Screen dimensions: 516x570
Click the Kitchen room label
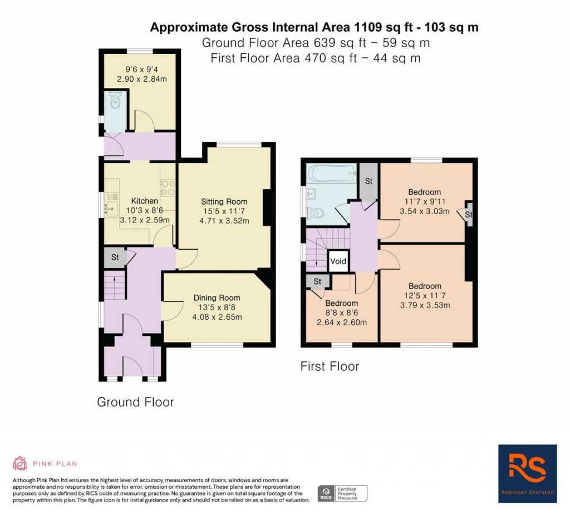[x=144, y=201]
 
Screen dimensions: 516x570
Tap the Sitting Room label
[x=224, y=201]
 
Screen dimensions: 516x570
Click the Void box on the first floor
[x=338, y=261]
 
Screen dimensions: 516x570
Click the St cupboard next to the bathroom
[x=368, y=181]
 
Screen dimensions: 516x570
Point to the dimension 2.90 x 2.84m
[x=141, y=79]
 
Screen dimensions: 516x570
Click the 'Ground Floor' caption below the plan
[x=135, y=402]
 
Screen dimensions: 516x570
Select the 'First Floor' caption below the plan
[x=330, y=366]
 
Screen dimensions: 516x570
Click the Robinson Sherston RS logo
[x=527, y=473]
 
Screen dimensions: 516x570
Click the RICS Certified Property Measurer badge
[x=342, y=493]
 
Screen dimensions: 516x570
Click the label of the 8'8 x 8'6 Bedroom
[x=341, y=303]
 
